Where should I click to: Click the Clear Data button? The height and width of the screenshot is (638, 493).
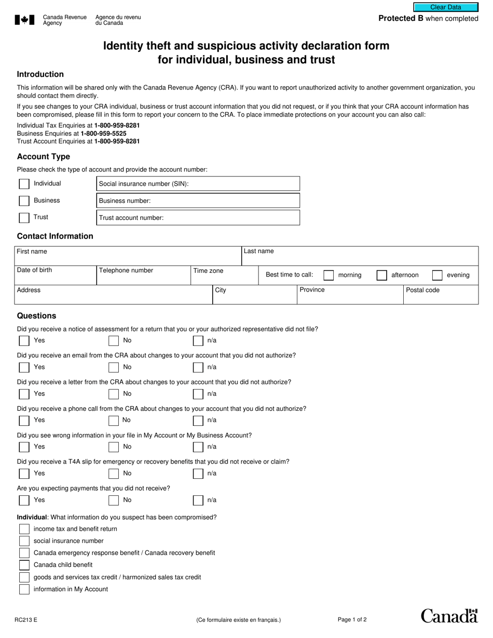click(x=445, y=7)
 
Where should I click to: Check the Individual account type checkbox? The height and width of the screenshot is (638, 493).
click(x=24, y=184)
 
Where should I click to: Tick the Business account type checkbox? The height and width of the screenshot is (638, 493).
click(x=24, y=201)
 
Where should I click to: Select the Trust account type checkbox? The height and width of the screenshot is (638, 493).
click(x=24, y=218)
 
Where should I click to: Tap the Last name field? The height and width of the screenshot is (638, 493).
click(x=360, y=256)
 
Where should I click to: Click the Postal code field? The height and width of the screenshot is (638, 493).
click(x=441, y=296)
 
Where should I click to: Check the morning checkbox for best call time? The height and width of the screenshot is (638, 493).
click(x=328, y=275)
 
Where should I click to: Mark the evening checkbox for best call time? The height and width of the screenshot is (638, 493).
click(x=437, y=275)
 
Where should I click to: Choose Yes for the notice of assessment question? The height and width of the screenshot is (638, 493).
click(x=24, y=341)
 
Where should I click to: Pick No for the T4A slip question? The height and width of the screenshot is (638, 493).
click(x=114, y=474)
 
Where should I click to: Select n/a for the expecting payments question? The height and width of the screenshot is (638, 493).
click(x=198, y=501)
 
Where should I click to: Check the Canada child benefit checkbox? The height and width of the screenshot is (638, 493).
click(x=24, y=565)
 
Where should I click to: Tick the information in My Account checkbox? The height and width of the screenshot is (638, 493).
click(x=24, y=589)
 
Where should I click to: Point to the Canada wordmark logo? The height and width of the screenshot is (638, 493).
click(x=449, y=616)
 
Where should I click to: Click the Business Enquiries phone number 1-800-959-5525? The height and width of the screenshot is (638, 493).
click(x=103, y=133)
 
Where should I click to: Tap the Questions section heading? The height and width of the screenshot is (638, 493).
click(x=36, y=316)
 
